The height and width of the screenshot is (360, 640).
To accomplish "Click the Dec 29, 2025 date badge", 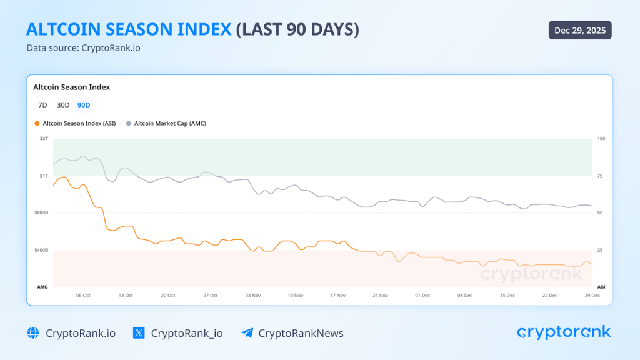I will [x=580, y=31].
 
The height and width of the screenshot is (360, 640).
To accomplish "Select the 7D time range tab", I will [x=42, y=105].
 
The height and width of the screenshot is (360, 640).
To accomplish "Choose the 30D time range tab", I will [x=63, y=105].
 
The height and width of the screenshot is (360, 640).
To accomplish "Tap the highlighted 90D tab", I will [x=84, y=105].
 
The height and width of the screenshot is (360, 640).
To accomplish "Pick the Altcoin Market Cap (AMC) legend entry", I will [x=166, y=123].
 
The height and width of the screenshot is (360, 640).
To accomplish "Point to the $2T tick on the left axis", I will [x=44, y=138].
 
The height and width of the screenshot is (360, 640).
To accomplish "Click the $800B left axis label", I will [x=41, y=213].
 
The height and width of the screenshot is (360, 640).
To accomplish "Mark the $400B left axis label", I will [x=41, y=250].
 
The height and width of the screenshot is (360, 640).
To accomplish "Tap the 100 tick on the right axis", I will [x=601, y=138].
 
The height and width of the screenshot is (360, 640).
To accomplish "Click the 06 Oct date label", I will [x=83, y=295].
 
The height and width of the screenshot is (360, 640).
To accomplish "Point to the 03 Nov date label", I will [x=252, y=295].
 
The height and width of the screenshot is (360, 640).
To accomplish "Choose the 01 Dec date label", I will [x=422, y=295].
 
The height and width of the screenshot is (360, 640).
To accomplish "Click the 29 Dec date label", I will [x=591, y=295].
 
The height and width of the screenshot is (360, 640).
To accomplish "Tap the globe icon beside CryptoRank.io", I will [x=33, y=333].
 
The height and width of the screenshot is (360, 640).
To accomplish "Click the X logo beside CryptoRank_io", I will [x=139, y=333].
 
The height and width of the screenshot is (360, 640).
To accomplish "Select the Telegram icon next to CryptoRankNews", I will [x=247, y=333].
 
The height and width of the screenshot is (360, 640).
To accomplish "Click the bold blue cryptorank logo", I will [x=564, y=332].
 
